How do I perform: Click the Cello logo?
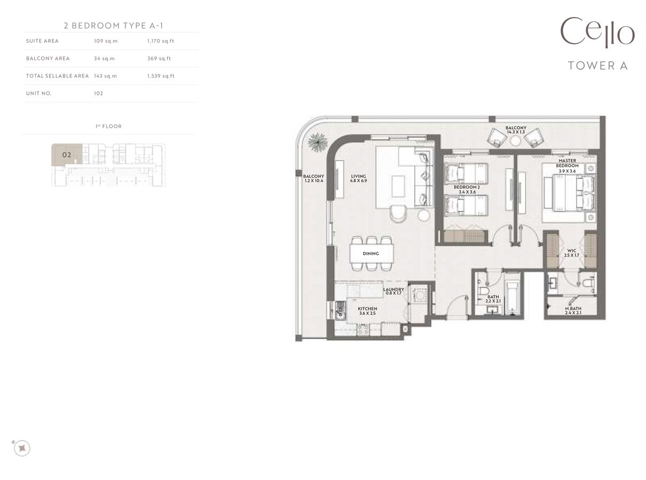pos(597,33)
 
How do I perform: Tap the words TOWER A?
pos(597,66)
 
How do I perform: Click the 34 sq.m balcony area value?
pos(104,59)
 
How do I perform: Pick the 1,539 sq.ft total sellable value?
pos(161,76)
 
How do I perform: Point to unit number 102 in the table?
pos(98,93)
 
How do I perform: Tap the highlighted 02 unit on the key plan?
pos(67,155)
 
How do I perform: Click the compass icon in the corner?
pos(21,448)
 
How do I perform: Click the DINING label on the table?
pos(371,253)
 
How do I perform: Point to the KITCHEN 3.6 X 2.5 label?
pos(367,311)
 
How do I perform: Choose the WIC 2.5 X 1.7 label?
pos(571,253)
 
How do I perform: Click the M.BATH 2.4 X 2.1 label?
pos(573,310)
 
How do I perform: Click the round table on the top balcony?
pos(516,141)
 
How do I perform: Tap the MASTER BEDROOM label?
pos(567,166)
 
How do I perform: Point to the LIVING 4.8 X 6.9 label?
pos(358,179)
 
